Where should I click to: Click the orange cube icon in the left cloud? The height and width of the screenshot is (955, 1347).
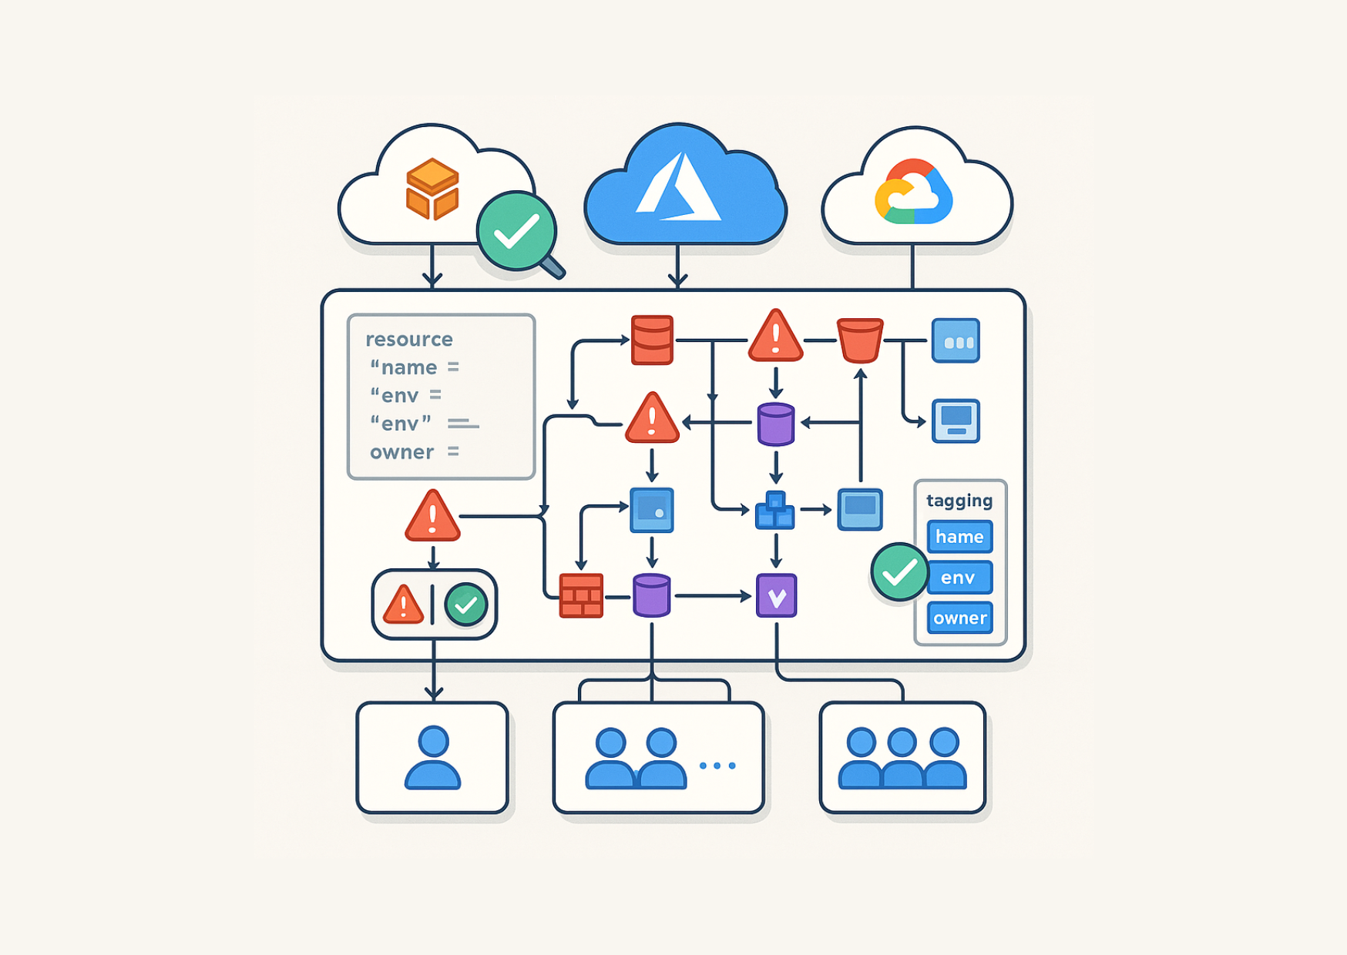coord(432,189)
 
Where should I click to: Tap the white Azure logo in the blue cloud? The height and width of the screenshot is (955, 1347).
coord(678,186)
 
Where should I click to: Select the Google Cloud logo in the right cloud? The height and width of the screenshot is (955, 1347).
coord(914,193)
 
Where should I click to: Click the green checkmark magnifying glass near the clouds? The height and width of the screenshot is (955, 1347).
coord(516,232)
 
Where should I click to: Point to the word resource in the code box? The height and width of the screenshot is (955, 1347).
coord(409,340)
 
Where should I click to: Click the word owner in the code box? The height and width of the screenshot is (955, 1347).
coord(401,452)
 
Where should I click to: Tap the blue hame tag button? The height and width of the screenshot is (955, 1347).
coord(959,537)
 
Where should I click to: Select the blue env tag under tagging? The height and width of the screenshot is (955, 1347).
coord(959,578)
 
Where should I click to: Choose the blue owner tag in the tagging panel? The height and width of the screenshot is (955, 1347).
coord(959,618)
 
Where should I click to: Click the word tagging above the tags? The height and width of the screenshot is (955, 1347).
coord(959,501)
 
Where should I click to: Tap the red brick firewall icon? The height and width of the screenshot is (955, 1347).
coord(581,595)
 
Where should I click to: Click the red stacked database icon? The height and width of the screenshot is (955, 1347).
coord(652,340)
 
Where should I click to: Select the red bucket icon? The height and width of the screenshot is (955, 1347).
coord(860,340)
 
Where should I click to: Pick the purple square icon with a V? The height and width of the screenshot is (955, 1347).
coord(776,595)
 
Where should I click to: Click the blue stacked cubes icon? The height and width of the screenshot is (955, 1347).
coord(775,511)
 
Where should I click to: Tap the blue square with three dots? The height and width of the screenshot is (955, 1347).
coord(956,340)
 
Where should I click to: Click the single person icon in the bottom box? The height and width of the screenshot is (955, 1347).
coord(433,758)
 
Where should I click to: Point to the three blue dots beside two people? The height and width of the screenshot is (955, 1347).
coord(717,766)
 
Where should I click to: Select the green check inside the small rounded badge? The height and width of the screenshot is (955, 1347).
coord(466,605)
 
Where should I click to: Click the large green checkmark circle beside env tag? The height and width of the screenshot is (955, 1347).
coord(899,572)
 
